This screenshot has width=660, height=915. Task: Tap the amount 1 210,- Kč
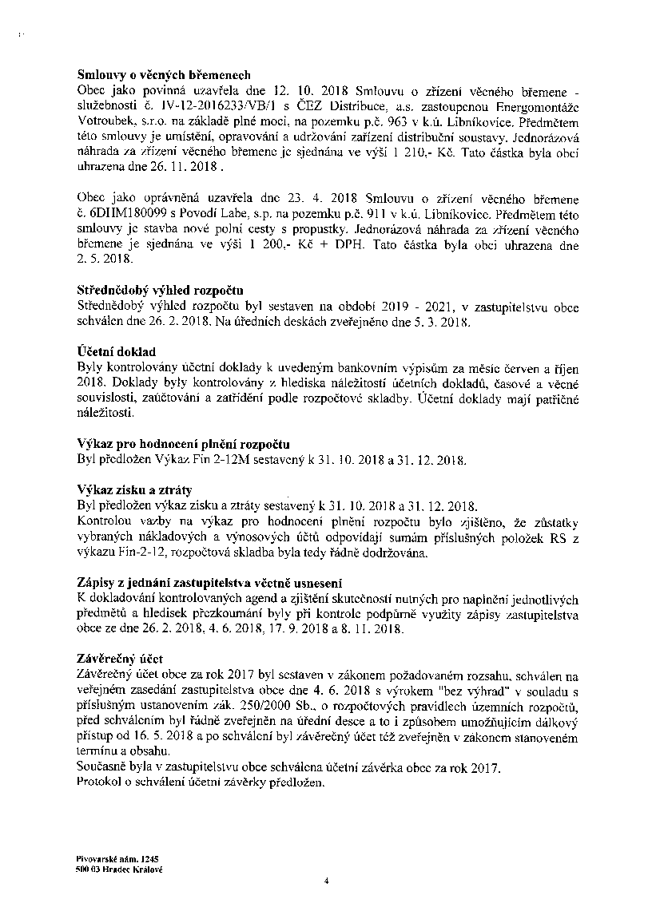pos(487,152)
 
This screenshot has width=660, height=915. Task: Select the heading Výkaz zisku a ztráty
pos(134,489)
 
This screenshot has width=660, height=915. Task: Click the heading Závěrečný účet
pos(119,658)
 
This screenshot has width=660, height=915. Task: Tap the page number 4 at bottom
pos(327,881)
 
